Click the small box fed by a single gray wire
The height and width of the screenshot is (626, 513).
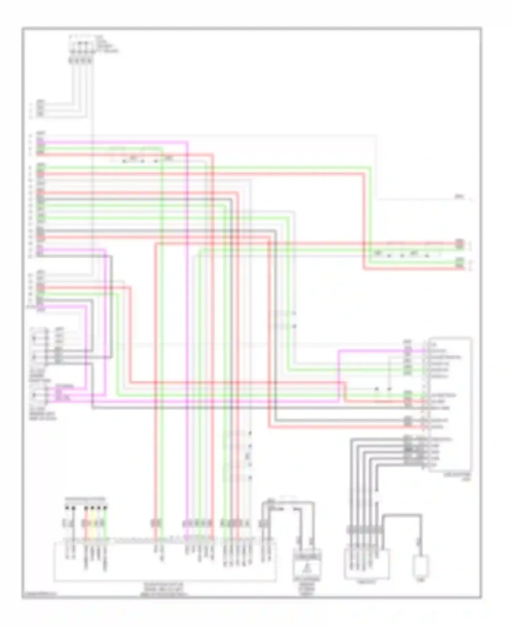(421, 567)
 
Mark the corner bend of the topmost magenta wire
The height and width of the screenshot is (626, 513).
(187, 142)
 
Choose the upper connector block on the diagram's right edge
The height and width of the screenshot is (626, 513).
(460, 243)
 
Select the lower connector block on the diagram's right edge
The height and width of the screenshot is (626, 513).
(460, 263)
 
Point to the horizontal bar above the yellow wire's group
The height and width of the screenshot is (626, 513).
(85, 499)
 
